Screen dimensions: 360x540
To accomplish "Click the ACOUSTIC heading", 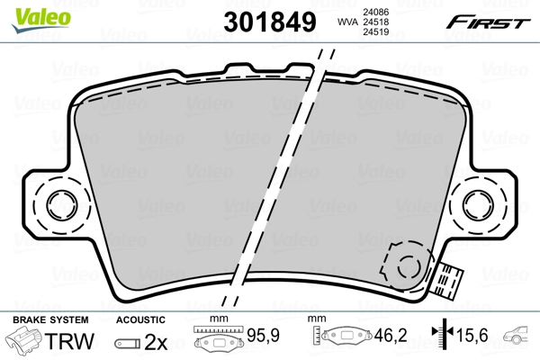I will pyautogui.click(x=141, y=319).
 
